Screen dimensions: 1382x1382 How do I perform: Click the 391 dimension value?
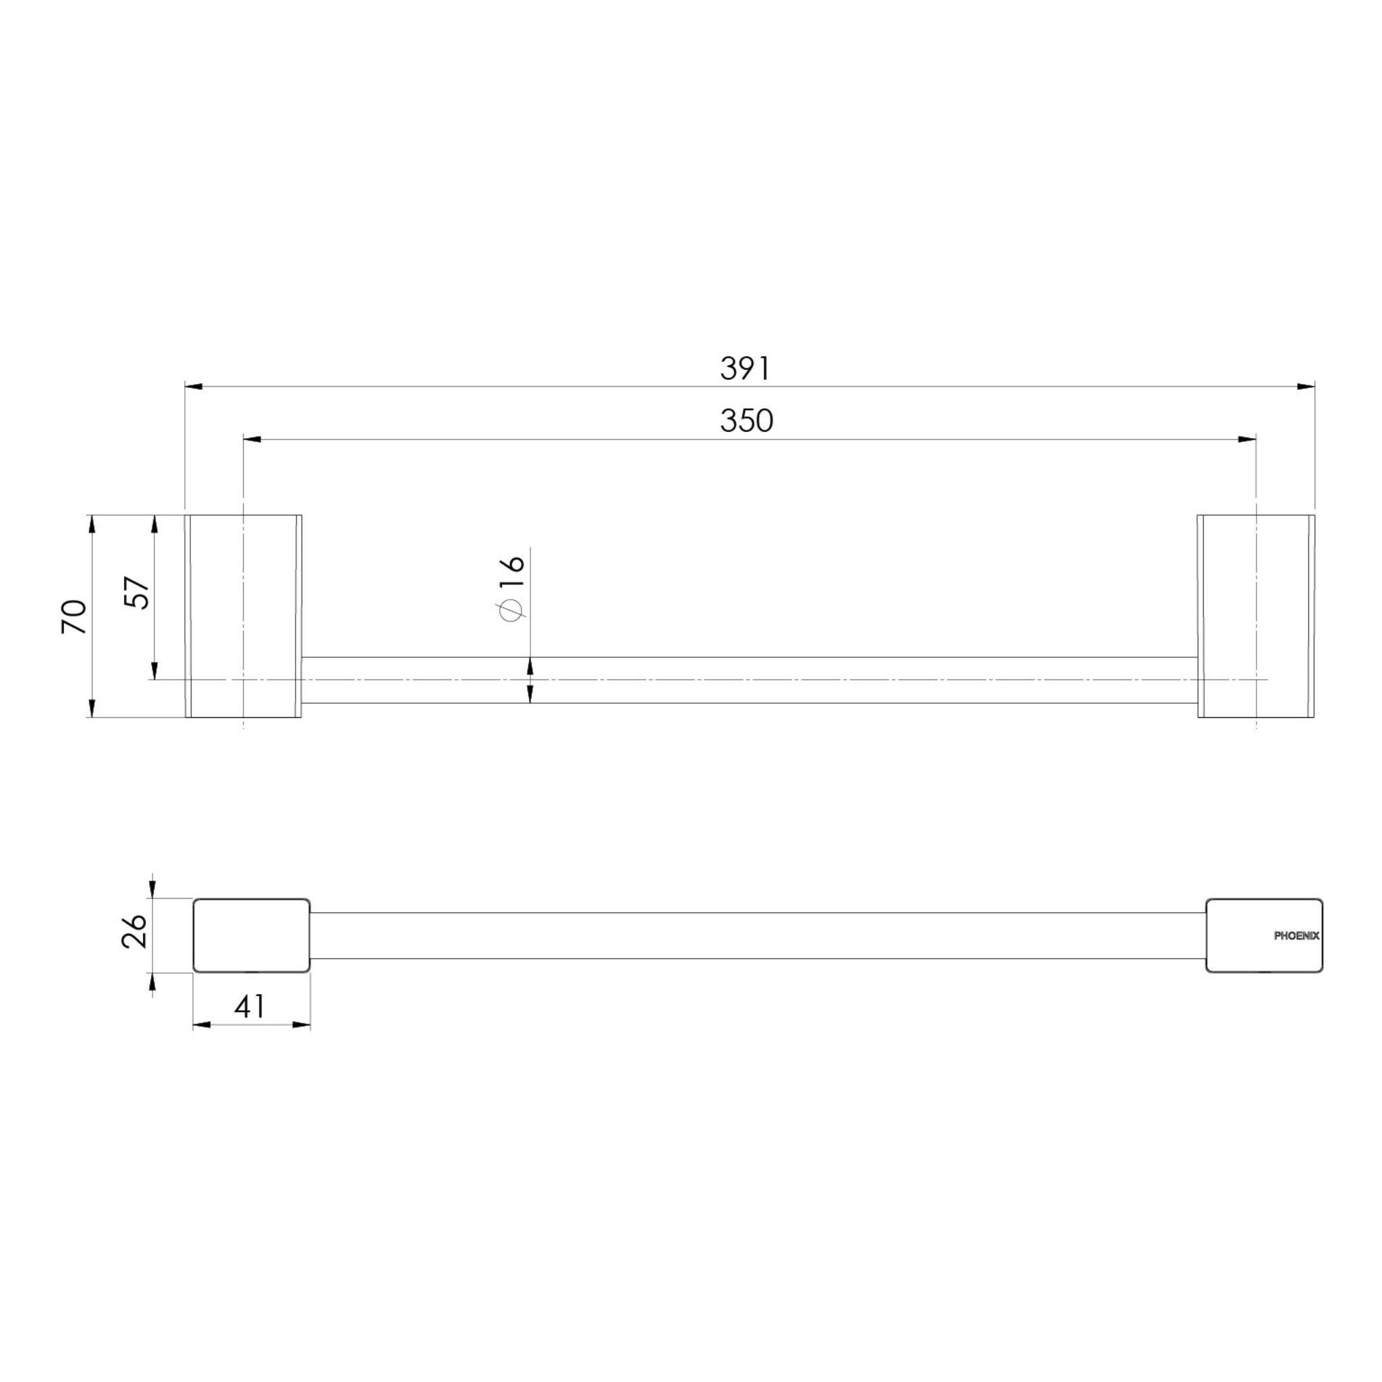click(745, 368)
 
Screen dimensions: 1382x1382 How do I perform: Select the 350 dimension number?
click(746, 420)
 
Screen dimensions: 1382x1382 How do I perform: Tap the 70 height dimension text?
click(74, 617)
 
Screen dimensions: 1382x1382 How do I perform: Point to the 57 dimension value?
click(138, 592)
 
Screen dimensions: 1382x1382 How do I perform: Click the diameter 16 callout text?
click(512, 587)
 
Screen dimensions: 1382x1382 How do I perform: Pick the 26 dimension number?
click(134, 931)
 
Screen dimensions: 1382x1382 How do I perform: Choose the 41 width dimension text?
click(250, 1007)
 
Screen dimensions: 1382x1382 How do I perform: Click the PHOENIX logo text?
click(1297, 936)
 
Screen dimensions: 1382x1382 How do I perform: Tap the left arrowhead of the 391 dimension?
click(194, 386)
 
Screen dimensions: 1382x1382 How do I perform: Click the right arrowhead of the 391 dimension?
click(1306, 386)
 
